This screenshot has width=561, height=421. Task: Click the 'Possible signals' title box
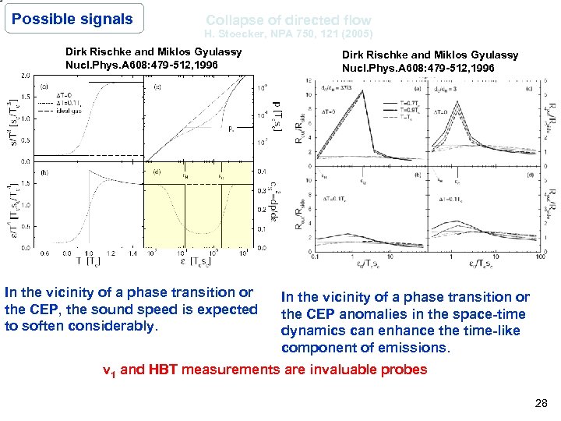click(x=73, y=19)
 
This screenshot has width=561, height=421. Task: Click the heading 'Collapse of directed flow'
click(x=288, y=20)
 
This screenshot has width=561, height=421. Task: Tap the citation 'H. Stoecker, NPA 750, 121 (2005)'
click(x=288, y=34)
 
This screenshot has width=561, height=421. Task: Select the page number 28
click(x=542, y=402)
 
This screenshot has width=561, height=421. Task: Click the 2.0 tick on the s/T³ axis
click(x=26, y=76)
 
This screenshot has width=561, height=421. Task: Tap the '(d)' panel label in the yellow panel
click(x=159, y=172)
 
